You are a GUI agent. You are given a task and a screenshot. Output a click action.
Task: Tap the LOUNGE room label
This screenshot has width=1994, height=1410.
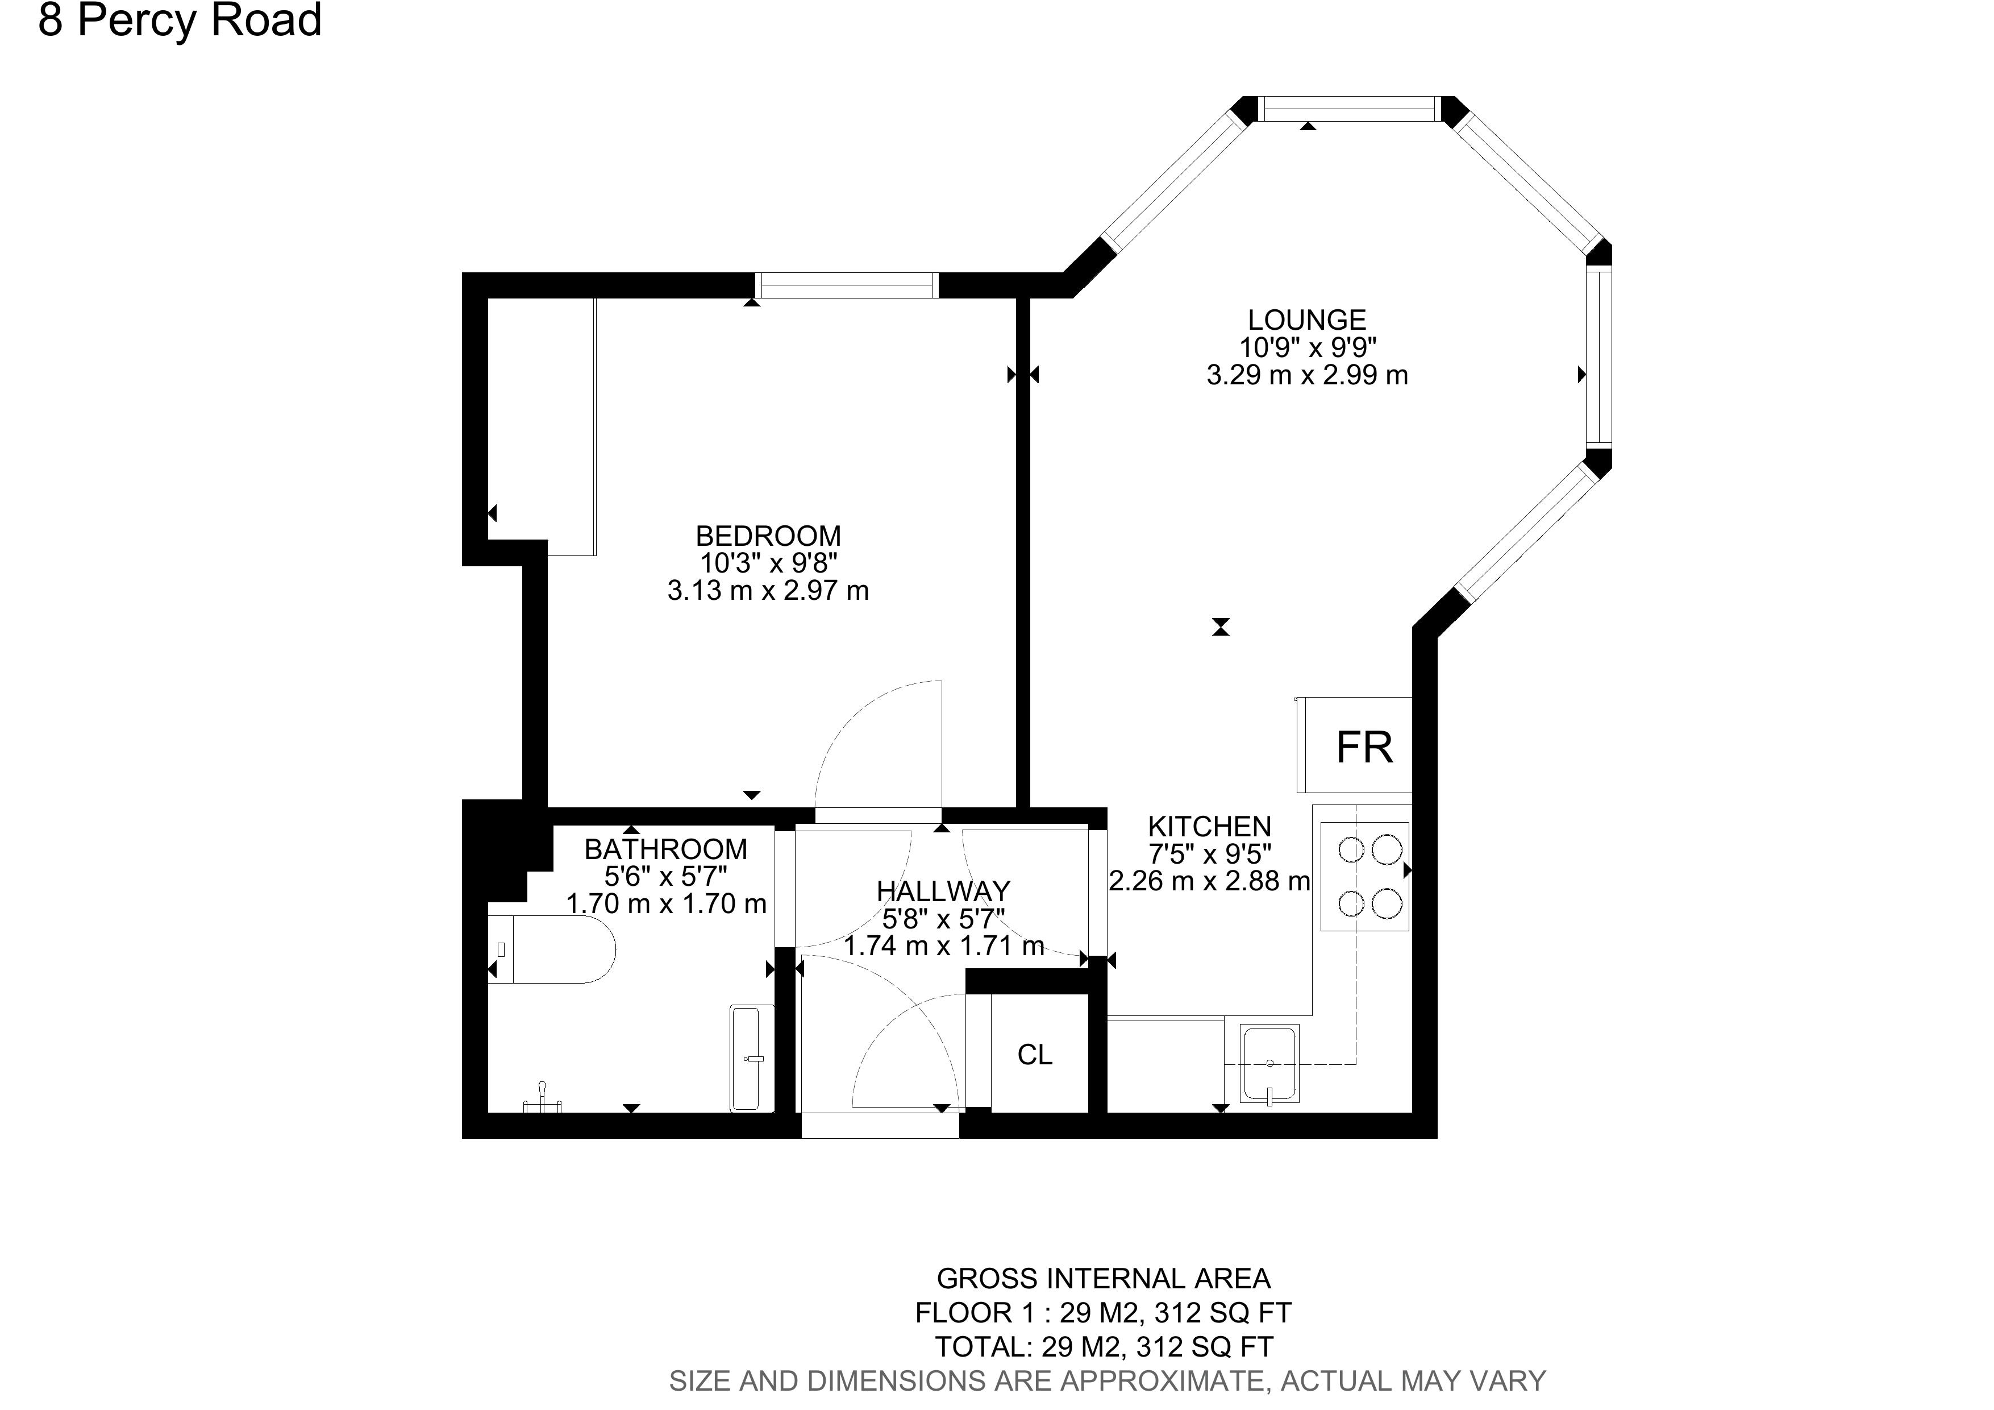point(1306,320)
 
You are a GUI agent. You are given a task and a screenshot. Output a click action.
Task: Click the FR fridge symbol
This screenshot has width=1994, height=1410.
point(1363,747)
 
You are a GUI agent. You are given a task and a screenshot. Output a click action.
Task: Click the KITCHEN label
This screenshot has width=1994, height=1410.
point(1209,826)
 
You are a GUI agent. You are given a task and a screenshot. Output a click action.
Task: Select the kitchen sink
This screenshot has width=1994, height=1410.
point(1269,1064)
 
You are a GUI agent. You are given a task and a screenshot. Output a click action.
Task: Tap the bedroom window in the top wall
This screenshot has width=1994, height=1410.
point(846,285)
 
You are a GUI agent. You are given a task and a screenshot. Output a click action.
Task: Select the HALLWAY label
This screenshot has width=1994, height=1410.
point(943,891)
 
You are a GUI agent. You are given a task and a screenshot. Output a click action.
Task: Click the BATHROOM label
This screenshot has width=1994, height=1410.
point(665,849)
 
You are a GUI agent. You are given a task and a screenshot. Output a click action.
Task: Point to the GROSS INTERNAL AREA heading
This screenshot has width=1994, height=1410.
point(1103,1279)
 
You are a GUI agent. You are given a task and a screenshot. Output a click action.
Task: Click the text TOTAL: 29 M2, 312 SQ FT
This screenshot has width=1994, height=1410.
point(1103,1346)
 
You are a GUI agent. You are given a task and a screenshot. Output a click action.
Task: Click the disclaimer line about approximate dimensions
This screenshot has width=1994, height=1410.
point(1108,1380)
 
